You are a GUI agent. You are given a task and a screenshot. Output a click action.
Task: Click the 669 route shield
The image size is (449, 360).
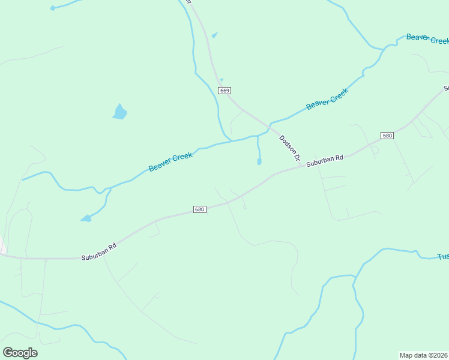click(224, 91)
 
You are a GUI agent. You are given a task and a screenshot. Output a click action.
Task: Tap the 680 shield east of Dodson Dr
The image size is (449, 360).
click(387, 135)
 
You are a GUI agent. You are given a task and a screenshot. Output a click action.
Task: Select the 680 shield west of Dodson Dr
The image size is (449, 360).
click(200, 209)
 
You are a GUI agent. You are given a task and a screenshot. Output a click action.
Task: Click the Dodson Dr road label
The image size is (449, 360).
click(289, 148)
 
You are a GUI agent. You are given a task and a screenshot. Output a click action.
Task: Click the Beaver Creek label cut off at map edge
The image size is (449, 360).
click(427, 38)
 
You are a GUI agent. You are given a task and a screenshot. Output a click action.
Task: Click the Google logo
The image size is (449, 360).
click(20, 353)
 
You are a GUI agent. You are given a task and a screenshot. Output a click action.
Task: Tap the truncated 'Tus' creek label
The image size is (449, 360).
click(442, 256)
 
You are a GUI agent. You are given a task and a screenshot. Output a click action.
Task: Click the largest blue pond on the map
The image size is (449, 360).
click(120, 112)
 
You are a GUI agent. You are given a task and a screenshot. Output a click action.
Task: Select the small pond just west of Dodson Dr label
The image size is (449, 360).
click(259, 161)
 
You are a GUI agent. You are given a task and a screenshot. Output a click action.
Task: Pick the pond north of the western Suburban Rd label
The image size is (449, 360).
click(86, 218)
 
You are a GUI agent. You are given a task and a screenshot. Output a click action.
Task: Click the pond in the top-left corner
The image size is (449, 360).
click(52, 8)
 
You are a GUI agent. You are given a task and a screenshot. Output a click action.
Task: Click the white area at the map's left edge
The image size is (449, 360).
click(2, 246)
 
